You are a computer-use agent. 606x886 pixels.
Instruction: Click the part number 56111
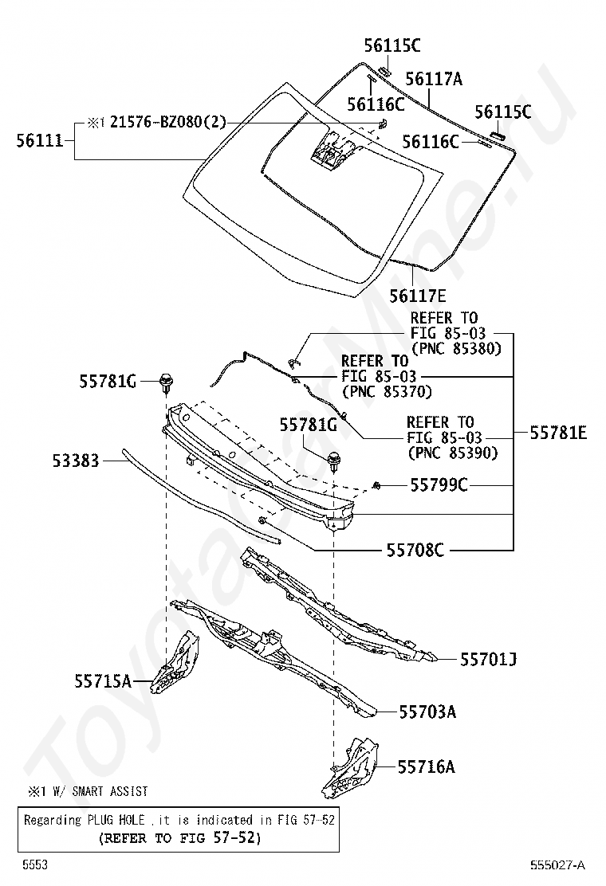pos(40,141)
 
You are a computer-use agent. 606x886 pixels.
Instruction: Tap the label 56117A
pos(434,79)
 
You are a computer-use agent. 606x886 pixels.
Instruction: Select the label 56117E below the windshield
pos(418,296)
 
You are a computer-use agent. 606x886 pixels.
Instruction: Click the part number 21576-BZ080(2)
pos(168,122)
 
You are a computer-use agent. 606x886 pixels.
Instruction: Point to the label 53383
pos(76,461)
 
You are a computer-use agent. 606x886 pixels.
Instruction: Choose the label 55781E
pos(558,433)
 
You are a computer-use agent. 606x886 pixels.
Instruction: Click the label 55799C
pos(439,484)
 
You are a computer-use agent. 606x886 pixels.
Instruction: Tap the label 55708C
pos(415,550)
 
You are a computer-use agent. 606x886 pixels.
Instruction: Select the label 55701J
pos(489,660)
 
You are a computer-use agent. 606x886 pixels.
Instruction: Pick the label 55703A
pos(428,712)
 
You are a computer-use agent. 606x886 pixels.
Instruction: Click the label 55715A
pos(103,681)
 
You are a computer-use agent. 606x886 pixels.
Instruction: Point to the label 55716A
pos(427,766)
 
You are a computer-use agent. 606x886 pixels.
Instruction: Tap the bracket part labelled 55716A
pos(351,767)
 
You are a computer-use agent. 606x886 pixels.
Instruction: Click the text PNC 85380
pos(457,349)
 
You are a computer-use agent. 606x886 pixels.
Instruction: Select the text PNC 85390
pos(453,453)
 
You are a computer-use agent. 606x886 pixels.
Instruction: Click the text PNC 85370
pos(388,391)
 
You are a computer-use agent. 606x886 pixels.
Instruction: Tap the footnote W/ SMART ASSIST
pos(100,792)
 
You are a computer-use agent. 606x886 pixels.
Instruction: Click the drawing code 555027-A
pos(557,865)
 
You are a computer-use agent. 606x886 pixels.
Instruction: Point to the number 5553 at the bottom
pos(35,864)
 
